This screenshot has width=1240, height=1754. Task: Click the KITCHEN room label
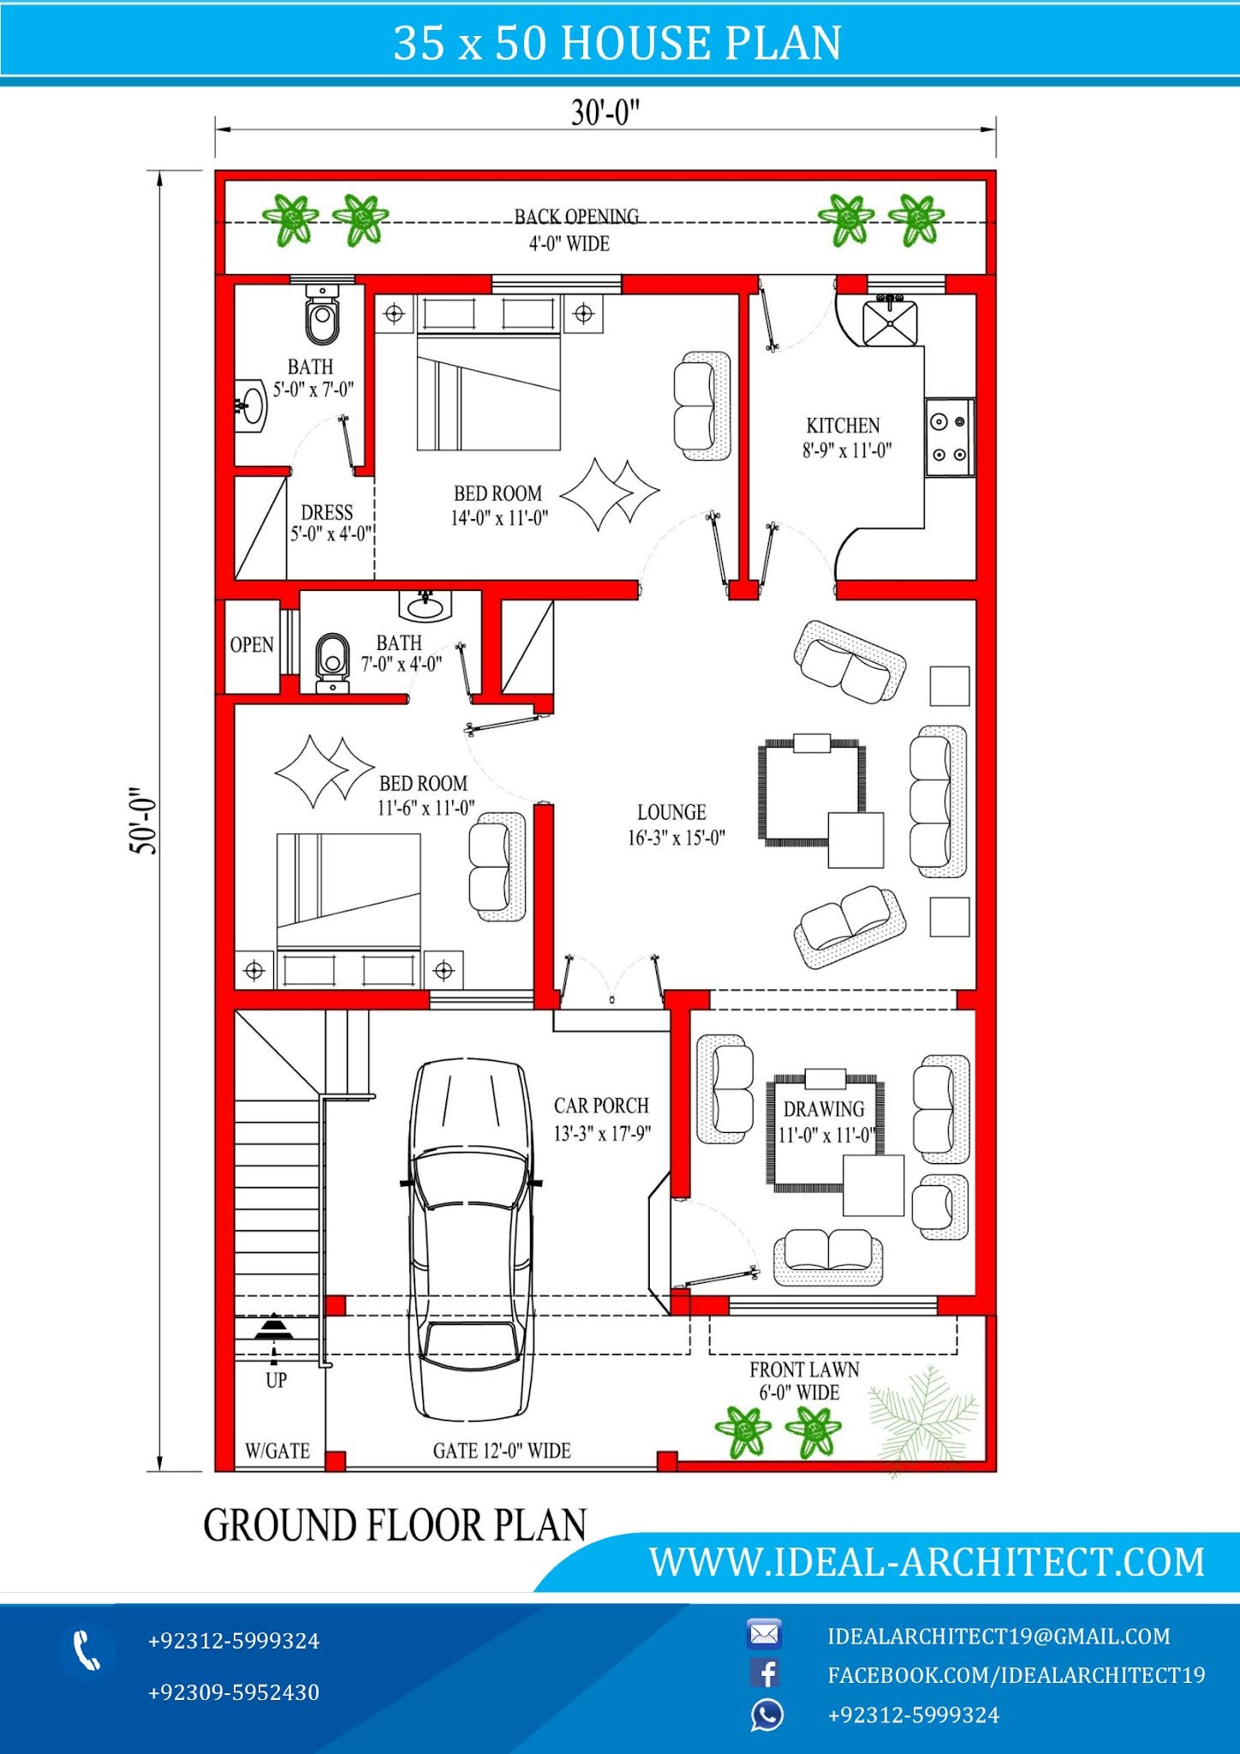pyautogui.click(x=843, y=426)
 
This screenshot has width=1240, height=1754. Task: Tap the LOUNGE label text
pyautogui.click(x=671, y=812)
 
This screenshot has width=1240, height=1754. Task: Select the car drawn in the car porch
pyautogui.click(x=470, y=1241)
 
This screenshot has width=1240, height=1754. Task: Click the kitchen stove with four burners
pyautogui.click(x=950, y=437)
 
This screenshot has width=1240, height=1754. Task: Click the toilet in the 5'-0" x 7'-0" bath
pyautogui.click(x=322, y=316)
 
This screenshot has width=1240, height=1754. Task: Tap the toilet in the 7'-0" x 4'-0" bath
pyautogui.click(x=332, y=661)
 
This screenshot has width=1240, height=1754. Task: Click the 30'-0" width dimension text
pyautogui.click(x=605, y=112)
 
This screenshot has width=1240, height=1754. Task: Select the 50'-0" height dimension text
pyautogui.click(x=143, y=820)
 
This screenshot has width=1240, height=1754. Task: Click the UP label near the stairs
pyautogui.click(x=276, y=1380)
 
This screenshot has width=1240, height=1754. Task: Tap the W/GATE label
pyautogui.click(x=277, y=1451)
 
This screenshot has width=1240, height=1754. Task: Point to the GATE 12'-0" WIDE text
pyautogui.click(x=501, y=1451)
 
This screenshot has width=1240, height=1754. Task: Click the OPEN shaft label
pyautogui.click(x=252, y=645)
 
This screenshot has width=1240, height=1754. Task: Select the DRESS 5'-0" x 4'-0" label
pyautogui.click(x=329, y=522)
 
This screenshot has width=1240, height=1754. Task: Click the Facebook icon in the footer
pyautogui.click(x=765, y=1673)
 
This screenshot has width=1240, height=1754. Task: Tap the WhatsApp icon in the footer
pyautogui.click(x=766, y=1715)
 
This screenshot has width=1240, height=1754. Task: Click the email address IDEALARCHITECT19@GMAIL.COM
pyautogui.click(x=999, y=1636)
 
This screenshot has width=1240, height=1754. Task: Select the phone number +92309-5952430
pyautogui.click(x=233, y=1692)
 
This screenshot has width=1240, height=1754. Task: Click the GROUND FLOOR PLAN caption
pyautogui.click(x=395, y=1525)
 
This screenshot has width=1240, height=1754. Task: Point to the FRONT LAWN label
pyautogui.click(x=803, y=1370)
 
